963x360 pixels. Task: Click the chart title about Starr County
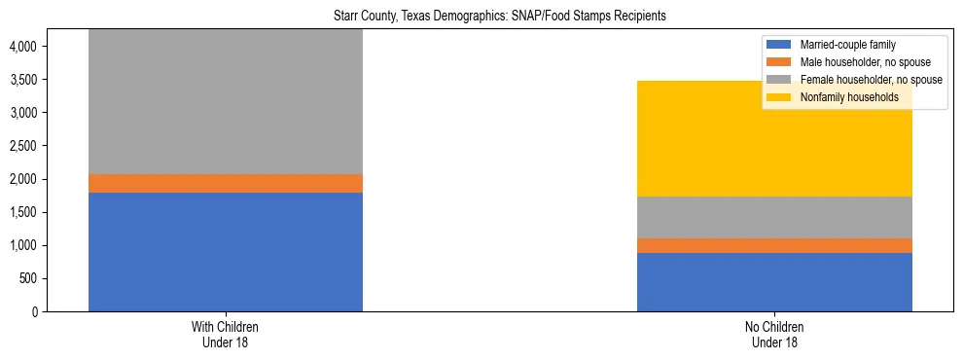click(481, 17)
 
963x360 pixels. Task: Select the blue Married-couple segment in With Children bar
click(226, 252)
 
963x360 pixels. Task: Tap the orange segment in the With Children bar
click(226, 183)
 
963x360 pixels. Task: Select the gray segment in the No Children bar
click(774, 217)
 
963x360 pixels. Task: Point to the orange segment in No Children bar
click(774, 245)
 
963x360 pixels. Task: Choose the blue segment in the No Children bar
click(774, 282)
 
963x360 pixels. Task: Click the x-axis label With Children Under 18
click(226, 335)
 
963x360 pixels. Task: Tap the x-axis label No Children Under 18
click(774, 335)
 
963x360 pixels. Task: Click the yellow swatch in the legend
click(780, 97)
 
